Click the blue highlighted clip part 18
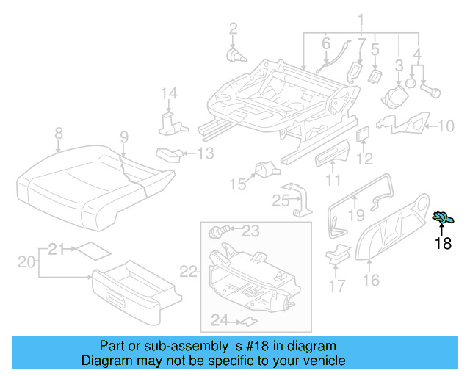point(444,217)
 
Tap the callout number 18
point(443,244)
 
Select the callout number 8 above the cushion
point(59,133)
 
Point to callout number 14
point(170,93)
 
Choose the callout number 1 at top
point(361,19)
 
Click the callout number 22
point(189,272)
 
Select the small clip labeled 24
point(249,321)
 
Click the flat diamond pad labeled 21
point(93,250)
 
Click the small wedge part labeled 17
point(338,254)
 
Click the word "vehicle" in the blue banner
point(325,361)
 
